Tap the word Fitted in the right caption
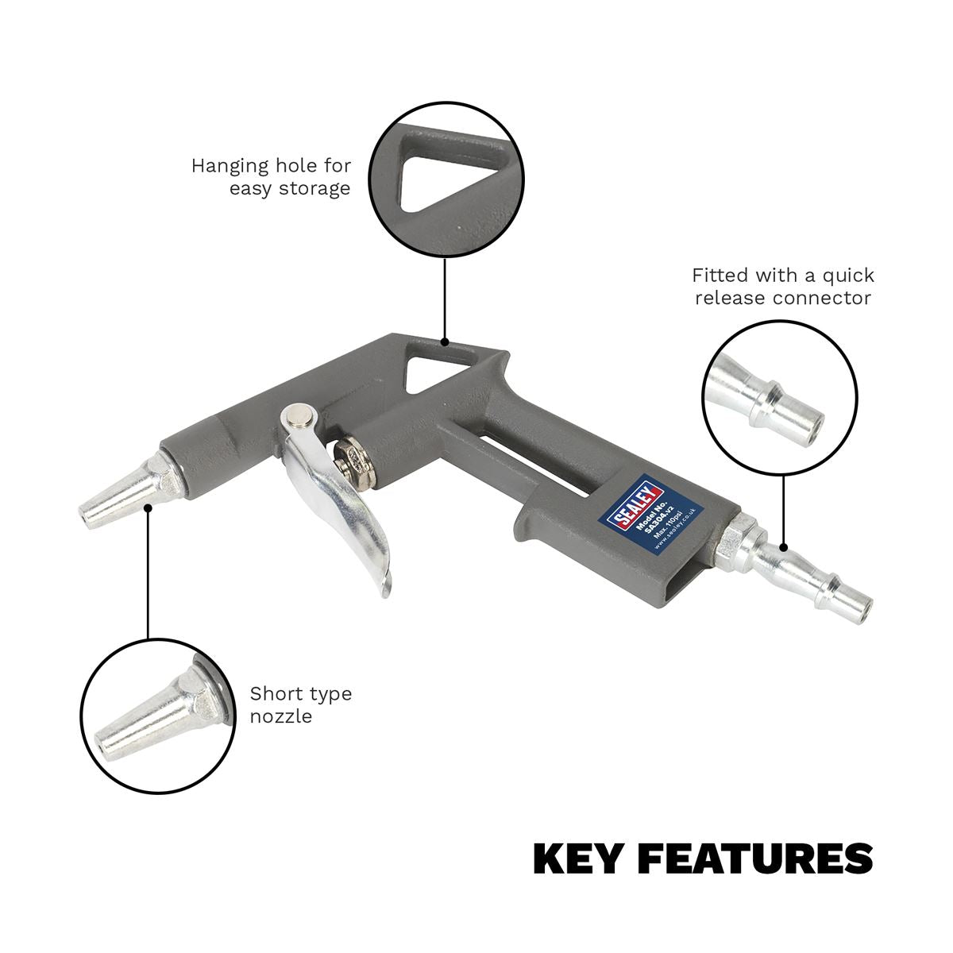tap(720, 276)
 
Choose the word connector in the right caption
tap(826, 298)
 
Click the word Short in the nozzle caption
tap(272, 693)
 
